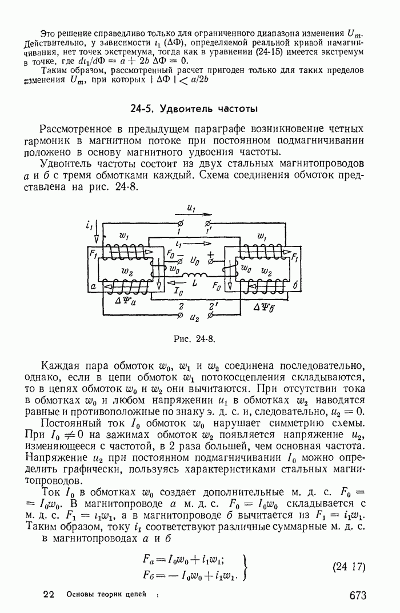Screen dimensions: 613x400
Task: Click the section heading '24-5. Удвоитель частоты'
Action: (194, 109)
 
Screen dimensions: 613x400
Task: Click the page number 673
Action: (357, 596)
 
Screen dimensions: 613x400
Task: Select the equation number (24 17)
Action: (348, 567)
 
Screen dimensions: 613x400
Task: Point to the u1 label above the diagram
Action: (192, 209)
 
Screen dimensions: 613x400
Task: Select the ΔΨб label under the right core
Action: (266, 307)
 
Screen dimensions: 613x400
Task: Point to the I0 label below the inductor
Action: (178, 290)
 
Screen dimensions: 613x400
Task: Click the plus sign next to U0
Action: (211, 253)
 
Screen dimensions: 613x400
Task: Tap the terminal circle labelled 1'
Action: (208, 223)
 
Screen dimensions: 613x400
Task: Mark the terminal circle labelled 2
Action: (181, 313)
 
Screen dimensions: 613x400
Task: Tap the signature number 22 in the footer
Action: (49, 595)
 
